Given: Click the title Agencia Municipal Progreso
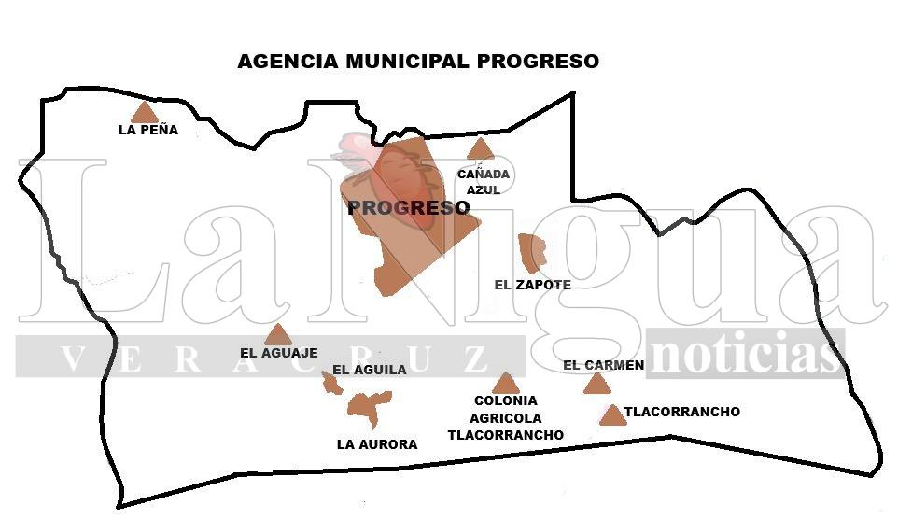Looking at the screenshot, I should click(x=417, y=62).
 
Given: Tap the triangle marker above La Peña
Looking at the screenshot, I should click(x=144, y=114).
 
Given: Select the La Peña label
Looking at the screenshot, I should click(x=147, y=131).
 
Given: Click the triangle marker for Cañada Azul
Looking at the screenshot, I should click(x=479, y=149).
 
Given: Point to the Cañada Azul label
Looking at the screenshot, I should click(x=484, y=182).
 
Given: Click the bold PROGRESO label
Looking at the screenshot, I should click(x=408, y=208).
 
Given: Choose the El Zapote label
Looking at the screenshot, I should click(x=531, y=285).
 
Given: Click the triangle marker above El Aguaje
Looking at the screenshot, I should click(x=277, y=336).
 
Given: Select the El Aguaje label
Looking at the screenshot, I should click(x=278, y=353).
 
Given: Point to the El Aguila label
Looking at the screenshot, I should click(x=369, y=370).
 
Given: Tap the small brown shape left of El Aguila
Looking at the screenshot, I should click(x=331, y=382).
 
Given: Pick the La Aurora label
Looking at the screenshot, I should click(x=376, y=444).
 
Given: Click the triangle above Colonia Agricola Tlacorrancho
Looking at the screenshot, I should click(x=505, y=384).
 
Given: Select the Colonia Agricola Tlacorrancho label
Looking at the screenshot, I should click(x=505, y=418).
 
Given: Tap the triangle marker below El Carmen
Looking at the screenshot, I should click(x=596, y=384).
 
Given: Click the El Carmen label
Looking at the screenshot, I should click(x=603, y=365).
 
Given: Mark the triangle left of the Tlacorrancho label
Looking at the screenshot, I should click(x=612, y=415).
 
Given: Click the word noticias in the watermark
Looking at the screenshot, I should click(x=744, y=355).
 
